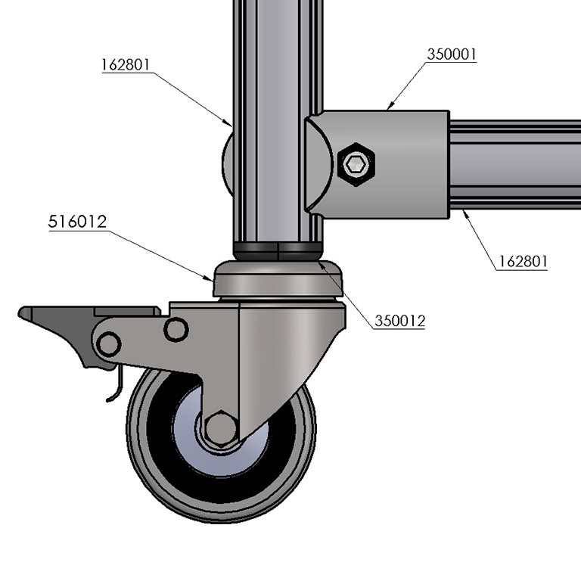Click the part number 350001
tap(452, 54)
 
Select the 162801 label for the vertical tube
tap(126, 65)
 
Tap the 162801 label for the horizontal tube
tap(523, 262)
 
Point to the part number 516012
tap(77, 222)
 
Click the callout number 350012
tap(399, 321)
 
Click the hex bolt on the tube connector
tap(356, 163)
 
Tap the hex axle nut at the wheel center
tap(220, 427)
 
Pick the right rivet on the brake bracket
tap(176, 329)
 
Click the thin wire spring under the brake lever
tap(114, 387)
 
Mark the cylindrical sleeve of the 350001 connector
tap(409, 163)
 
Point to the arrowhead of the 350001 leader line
tap(389, 108)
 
